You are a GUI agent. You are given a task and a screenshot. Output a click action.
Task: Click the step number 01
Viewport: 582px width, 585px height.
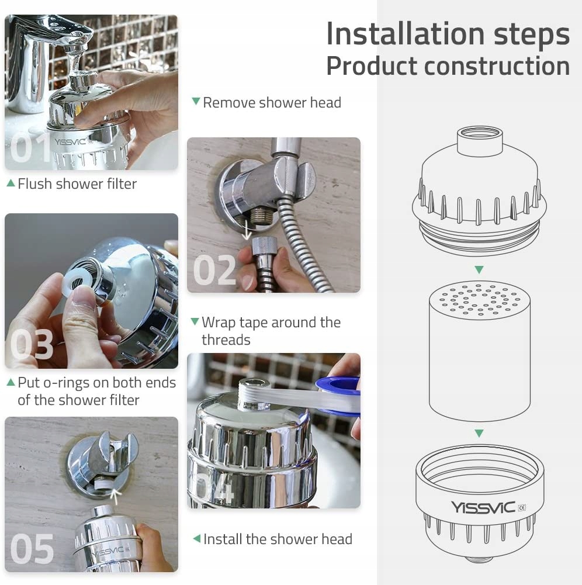click(x=30, y=148)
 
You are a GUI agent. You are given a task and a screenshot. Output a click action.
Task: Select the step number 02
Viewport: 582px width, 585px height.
click(x=214, y=270)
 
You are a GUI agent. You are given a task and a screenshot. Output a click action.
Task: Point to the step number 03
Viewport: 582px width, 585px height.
click(x=32, y=344)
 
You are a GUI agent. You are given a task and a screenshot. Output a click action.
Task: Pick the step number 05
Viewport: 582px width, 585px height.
click(x=32, y=549)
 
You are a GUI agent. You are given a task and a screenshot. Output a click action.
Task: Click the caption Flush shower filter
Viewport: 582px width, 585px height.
click(x=77, y=184)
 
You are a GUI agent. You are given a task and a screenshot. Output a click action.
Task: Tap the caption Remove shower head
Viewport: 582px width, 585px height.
click(x=272, y=103)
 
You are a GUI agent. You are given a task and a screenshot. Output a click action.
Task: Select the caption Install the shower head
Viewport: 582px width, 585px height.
click(x=278, y=539)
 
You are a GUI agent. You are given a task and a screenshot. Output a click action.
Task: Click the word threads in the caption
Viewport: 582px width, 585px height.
click(x=226, y=340)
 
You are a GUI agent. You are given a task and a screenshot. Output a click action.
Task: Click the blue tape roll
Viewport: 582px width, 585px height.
click(x=338, y=396)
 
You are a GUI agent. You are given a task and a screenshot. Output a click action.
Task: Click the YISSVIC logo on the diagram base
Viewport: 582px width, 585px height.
click(x=483, y=507)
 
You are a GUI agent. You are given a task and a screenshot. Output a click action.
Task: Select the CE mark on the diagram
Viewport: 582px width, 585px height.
click(x=522, y=507)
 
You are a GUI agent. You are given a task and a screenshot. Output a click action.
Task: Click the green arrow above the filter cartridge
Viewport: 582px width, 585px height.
click(x=479, y=270)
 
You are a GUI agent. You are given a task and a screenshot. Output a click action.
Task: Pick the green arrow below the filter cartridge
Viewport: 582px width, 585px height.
click(x=479, y=433)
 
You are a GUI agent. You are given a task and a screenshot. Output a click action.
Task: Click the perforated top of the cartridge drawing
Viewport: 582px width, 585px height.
click(x=480, y=300)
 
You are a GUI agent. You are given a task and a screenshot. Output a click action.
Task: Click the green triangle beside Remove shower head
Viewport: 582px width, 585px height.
click(x=196, y=101)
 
